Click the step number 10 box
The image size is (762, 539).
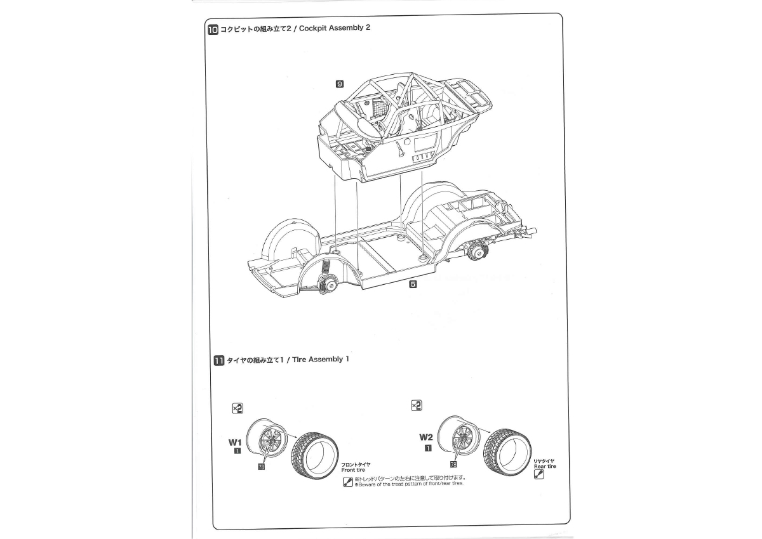coord(213,30)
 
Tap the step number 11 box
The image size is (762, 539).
coord(218,361)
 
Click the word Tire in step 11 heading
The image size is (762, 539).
coord(299,360)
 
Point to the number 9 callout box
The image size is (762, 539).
coord(340,84)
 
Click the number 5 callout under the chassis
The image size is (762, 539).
coord(413,284)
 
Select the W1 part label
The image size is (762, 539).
coord(235,442)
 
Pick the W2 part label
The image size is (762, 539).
coord(426,437)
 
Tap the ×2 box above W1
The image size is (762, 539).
coord(237,408)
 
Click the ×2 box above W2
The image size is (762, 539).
coord(417,406)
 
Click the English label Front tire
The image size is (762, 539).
coord(353,470)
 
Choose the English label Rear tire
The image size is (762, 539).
coord(545,466)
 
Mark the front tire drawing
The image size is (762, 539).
coord(315,456)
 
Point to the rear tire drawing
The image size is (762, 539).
coord(507,452)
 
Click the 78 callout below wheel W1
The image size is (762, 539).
coord(261,467)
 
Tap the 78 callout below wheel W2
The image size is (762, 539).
coord(453,464)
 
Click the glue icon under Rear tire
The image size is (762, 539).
coord(539,474)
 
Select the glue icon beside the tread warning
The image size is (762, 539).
coord(348,482)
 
